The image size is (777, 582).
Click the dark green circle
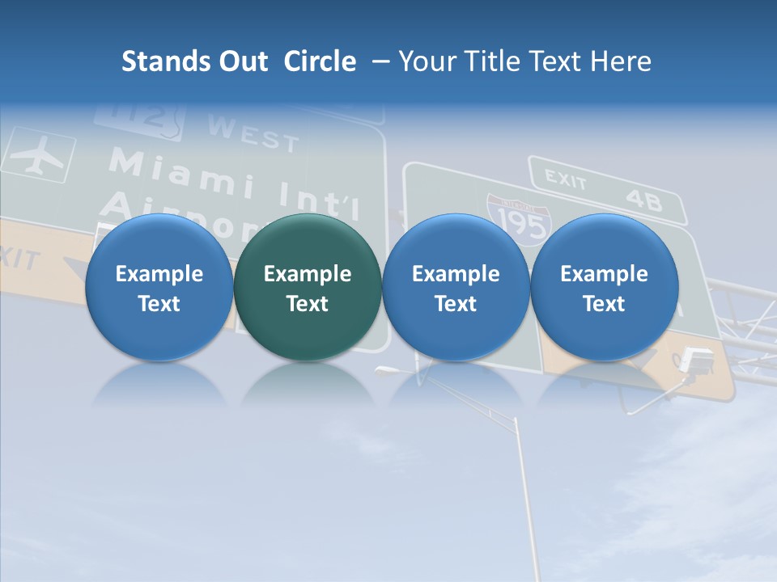pyautogui.click(x=307, y=287)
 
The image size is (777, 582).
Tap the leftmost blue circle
pyautogui.click(x=159, y=287)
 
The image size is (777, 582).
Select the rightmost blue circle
pyautogui.click(x=604, y=287)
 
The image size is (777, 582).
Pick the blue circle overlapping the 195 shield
pyautogui.click(x=456, y=287)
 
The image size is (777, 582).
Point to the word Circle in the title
pyautogui.click(x=320, y=61)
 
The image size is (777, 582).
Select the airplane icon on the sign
pyautogui.click(x=38, y=157)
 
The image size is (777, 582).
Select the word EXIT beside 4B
pyautogui.click(x=565, y=179)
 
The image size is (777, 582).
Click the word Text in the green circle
pyautogui.click(x=307, y=304)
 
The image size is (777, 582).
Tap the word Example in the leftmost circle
pyautogui.click(x=159, y=274)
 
